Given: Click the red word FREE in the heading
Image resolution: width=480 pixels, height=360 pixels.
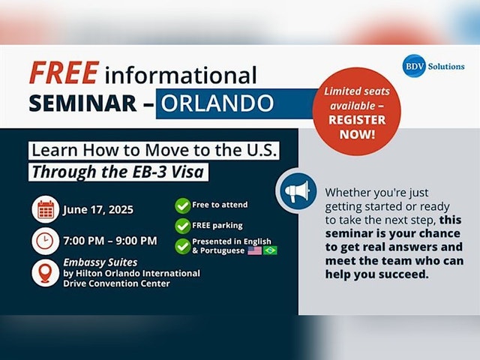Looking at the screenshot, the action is [64, 73].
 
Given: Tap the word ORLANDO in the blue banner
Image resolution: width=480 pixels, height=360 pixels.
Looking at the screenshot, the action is [217, 103].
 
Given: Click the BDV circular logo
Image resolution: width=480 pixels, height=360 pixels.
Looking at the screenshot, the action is [414, 66].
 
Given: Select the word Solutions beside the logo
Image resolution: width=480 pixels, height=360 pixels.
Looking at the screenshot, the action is [446, 67].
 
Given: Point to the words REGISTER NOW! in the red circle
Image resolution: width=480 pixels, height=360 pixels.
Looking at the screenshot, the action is [357, 127].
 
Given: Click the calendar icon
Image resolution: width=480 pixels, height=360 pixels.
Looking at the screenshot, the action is [45, 209].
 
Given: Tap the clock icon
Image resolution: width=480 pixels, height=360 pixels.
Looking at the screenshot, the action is [45, 241].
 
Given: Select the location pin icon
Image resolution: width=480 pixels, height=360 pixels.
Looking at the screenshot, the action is [45, 273].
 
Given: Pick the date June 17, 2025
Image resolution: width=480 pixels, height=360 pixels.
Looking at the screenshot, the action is [98, 210].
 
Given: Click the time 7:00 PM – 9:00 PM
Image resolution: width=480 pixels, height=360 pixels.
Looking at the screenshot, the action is [110, 241].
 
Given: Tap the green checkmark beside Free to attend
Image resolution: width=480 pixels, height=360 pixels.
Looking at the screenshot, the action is [183, 205].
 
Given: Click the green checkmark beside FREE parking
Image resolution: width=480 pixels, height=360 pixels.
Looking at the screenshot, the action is [183, 226].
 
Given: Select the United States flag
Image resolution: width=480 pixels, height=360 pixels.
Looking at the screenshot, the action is [255, 250].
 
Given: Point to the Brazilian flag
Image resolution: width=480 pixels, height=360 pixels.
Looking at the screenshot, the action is [270, 250].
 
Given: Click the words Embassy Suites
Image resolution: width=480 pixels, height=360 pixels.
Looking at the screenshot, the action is [100, 262].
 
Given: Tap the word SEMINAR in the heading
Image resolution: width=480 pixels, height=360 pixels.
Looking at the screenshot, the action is [82, 103].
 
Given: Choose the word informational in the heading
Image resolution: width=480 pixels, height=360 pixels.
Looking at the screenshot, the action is [181, 74].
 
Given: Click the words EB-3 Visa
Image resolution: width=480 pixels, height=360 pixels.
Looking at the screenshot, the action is [168, 172].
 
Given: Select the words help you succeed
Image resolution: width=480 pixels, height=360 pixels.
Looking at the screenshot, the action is [376, 274].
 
